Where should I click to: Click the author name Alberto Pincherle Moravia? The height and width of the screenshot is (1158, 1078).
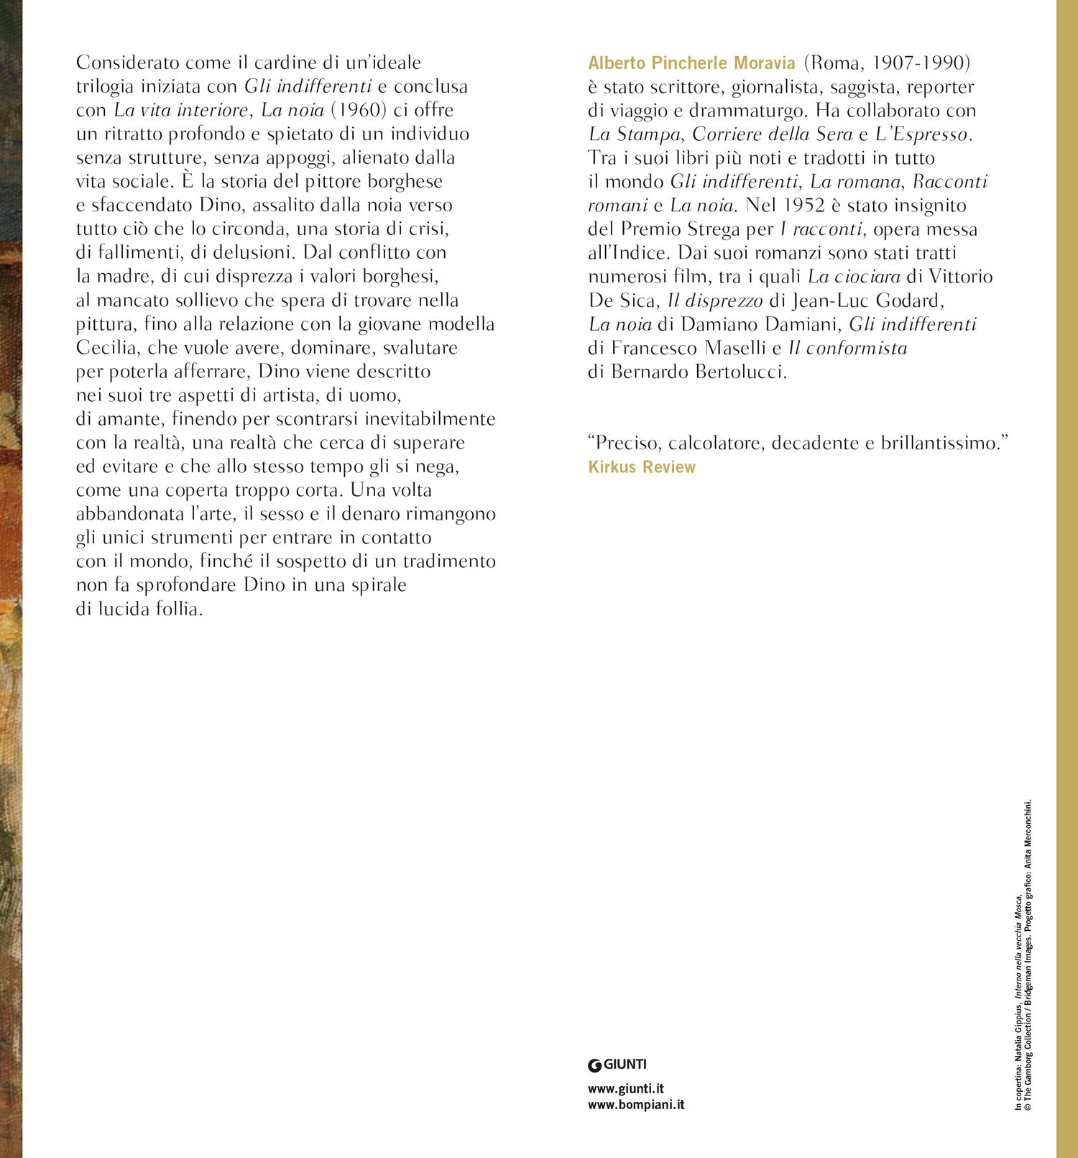click(x=691, y=63)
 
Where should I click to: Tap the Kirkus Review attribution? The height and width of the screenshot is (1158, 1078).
click(x=641, y=467)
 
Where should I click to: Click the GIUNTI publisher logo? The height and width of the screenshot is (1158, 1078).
click(x=617, y=1065)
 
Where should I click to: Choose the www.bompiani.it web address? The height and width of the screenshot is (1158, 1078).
click(x=635, y=1105)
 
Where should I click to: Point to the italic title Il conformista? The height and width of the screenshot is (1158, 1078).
click(x=847, y=348)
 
